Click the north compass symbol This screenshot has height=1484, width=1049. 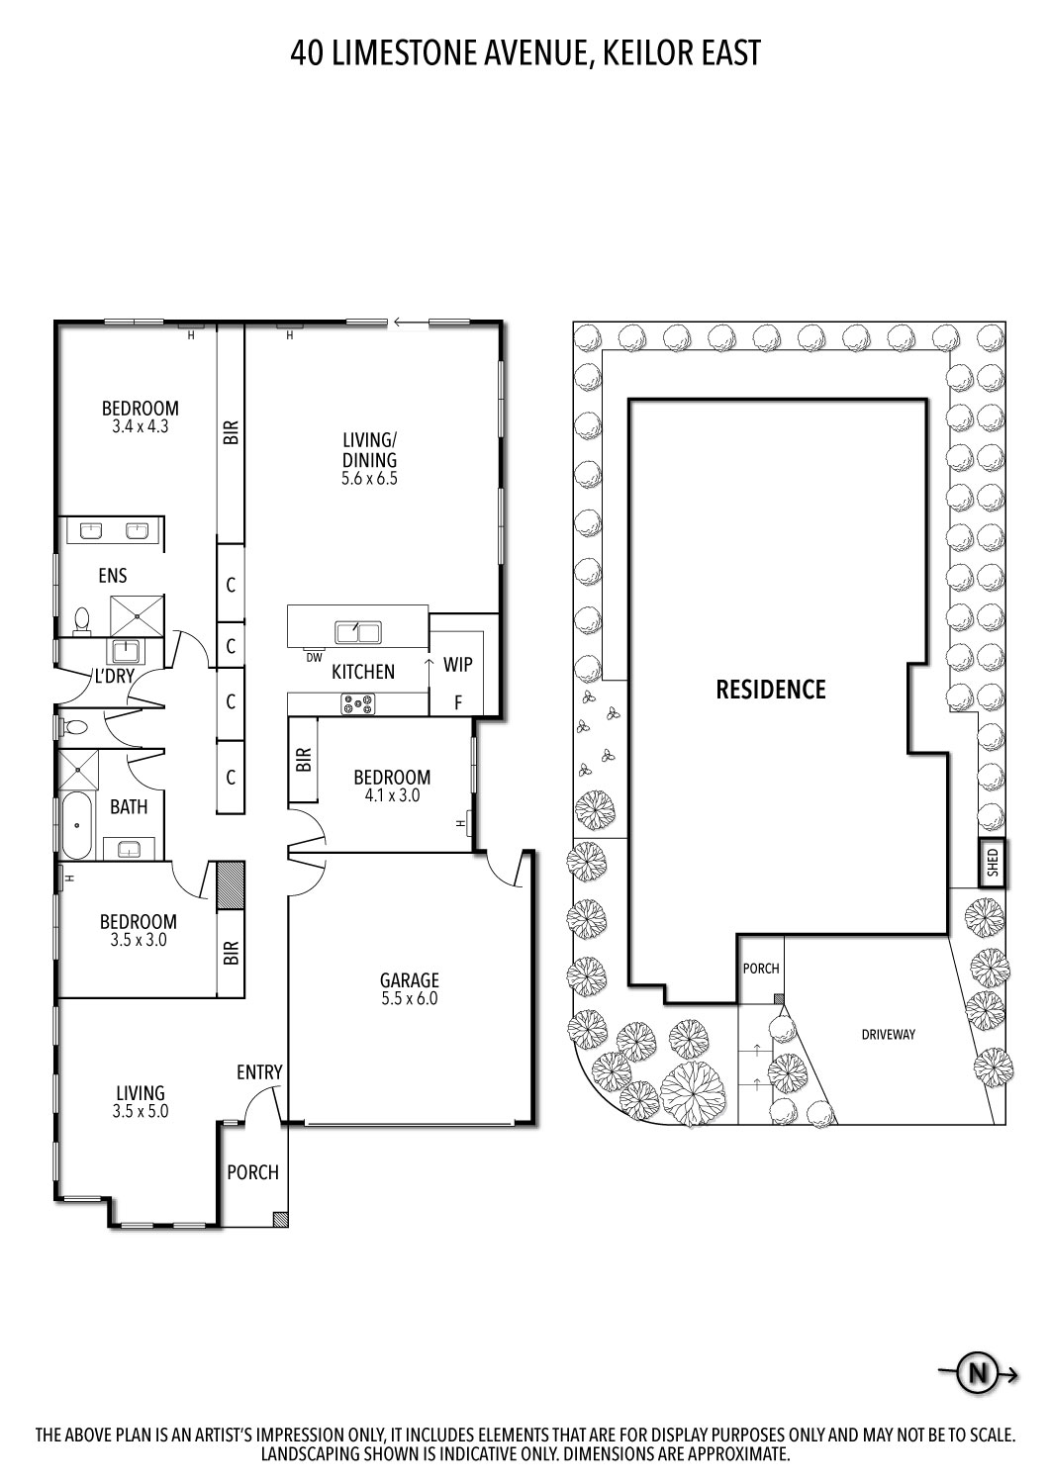click(x=979, y=1373)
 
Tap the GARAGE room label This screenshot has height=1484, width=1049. click(x=409, y=980)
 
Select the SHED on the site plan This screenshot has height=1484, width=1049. click(x=993, y=863)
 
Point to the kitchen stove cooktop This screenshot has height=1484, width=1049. click(x=358, y=704)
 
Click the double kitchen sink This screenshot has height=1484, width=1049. click(x=358, y=631)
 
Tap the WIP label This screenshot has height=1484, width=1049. click(x=457, y=665)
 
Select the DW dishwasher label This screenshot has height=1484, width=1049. click(x=314, y=657)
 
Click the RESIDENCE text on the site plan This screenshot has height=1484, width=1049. click(x=770, y=690)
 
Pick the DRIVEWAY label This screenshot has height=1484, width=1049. click(x=887, y=1035)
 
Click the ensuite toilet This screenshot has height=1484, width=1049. click(x=81, y=620)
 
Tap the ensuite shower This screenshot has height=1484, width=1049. click(x=137, y=615)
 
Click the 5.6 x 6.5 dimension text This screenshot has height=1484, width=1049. click(x=369, y=479)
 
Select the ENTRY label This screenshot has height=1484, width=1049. click(x=259, y=1072)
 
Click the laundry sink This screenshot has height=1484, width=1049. click(x=126, y=651)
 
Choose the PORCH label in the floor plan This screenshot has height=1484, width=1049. click(x=252, y=1172)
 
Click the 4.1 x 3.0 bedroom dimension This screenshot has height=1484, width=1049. click(x=392, y=794)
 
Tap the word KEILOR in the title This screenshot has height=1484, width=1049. click(x=642, y=52)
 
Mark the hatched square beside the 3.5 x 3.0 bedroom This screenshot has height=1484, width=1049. click(x=231, y=885)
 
